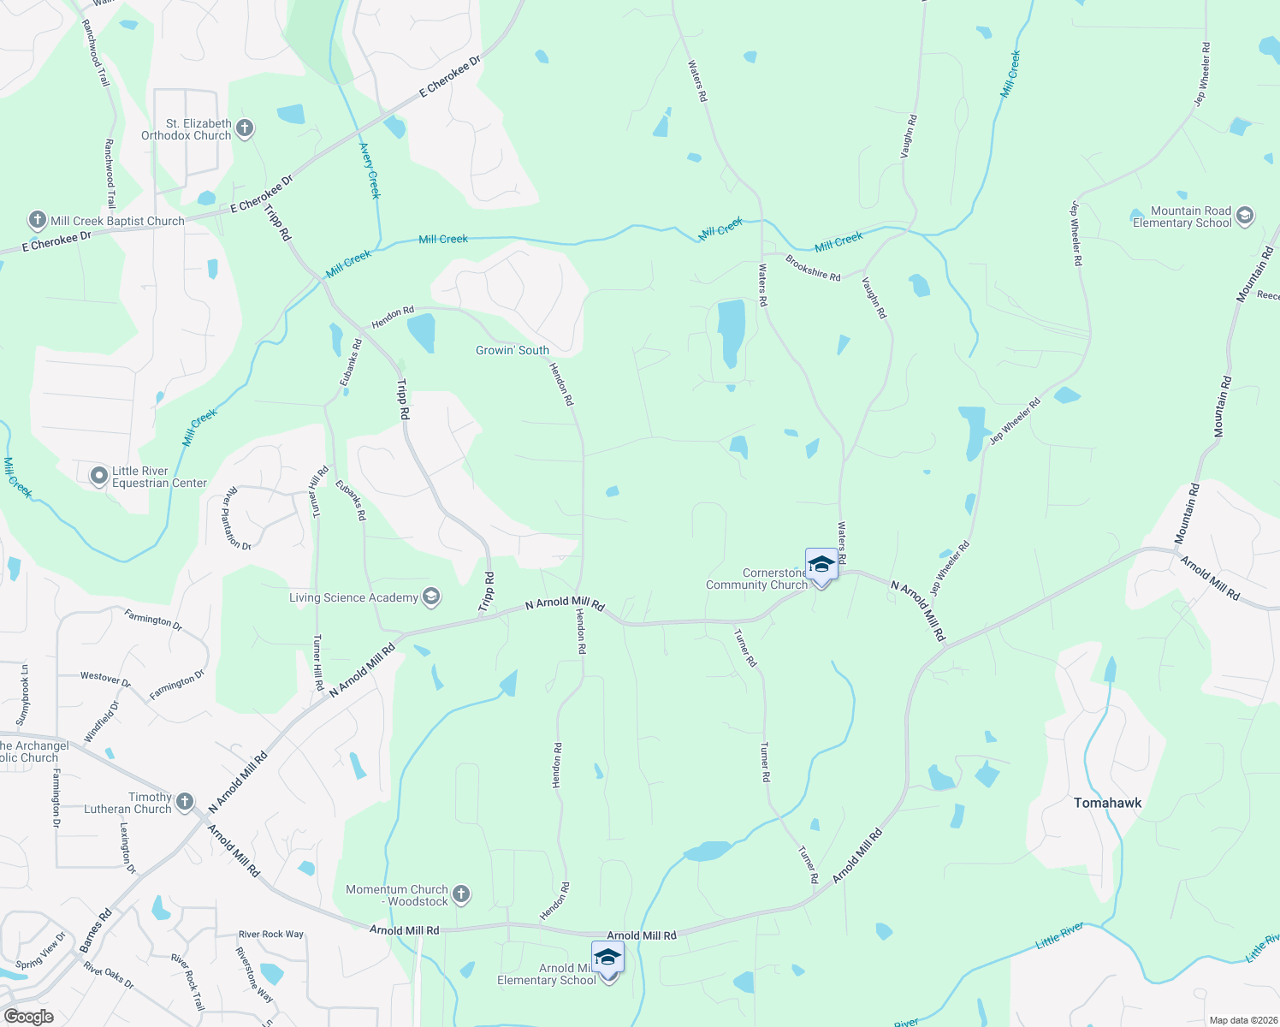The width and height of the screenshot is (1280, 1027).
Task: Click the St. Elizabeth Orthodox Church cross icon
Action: (245, 129)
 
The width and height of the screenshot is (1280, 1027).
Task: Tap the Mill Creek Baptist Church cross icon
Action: (38, 220)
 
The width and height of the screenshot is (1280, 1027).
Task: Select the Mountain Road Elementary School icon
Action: (1244, 216)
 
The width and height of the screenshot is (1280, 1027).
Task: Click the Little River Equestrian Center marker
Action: (99, 476)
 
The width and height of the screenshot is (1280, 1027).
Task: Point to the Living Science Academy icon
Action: (431, 597)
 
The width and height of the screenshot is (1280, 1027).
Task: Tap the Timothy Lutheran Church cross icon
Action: (185, 803)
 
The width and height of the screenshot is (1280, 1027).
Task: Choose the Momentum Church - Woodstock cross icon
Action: (460, 895)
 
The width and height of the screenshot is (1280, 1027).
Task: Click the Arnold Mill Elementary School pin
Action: (607, 959)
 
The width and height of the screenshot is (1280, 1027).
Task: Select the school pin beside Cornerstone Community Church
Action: (821, 565)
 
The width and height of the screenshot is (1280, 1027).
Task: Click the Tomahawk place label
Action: (1107, 803)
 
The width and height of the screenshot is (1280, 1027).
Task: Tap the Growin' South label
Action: (513, 350)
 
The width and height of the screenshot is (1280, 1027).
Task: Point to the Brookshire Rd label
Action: (813, 270)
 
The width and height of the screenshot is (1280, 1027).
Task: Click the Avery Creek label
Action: (370, 170)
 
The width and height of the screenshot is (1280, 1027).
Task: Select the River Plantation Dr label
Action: (237, 519)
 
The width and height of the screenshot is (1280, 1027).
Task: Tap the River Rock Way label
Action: (270, 934)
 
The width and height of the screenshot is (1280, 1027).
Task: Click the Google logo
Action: (28, 1017)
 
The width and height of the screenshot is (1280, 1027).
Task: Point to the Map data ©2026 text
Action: (1241, 1020)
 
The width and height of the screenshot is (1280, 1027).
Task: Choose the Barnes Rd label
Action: (95, 931)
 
